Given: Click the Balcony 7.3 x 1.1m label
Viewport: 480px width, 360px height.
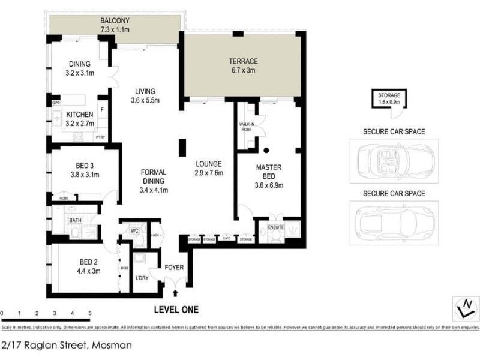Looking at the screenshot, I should click(x=115, y=25).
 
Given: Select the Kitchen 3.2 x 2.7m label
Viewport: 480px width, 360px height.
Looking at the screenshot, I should click(x=79, y=119).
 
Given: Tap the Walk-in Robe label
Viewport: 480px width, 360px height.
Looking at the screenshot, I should click(x=246, y=127).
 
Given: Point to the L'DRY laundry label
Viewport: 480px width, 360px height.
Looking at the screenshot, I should click(x=142, y=278).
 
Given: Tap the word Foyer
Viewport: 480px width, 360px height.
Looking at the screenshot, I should click(x=175, y=268).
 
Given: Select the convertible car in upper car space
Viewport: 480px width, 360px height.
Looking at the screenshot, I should click(x=393, y=161).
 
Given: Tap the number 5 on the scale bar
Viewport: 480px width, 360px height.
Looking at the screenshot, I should click(x=89, y=313).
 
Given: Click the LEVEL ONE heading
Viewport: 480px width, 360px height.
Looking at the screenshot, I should click(x=176, y=310).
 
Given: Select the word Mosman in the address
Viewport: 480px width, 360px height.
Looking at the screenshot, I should click(x=112, y=345).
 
